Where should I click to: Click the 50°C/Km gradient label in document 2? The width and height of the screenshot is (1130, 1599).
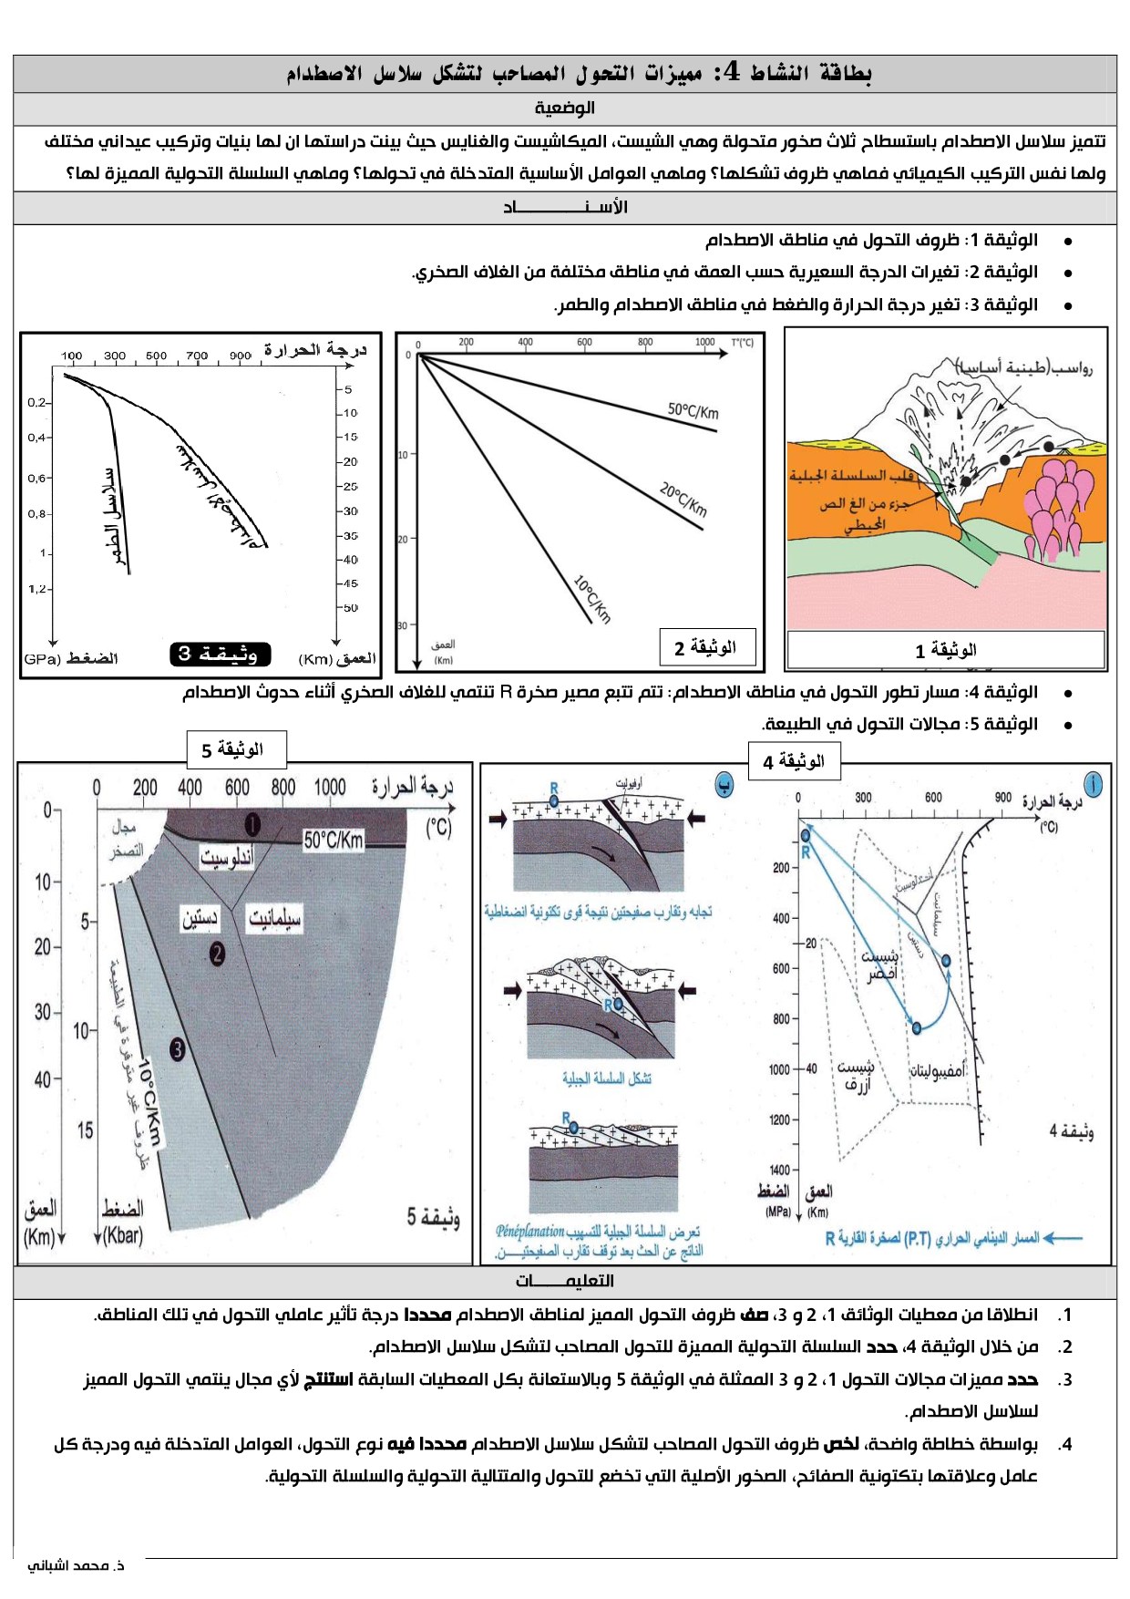693,410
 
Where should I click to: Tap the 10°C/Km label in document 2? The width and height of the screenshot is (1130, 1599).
592,599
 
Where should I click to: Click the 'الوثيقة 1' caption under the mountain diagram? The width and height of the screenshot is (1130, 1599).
946,650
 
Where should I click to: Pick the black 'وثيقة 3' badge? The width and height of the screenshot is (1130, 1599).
219,654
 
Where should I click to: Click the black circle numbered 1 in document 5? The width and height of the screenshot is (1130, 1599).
252,825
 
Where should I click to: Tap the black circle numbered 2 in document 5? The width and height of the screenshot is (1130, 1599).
217,954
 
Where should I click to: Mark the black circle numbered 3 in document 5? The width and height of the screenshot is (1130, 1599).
177,1049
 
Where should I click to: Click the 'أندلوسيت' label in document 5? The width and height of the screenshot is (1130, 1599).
227,858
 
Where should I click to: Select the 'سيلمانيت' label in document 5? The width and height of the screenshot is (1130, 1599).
275,919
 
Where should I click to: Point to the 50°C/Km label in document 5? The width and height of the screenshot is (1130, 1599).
334,841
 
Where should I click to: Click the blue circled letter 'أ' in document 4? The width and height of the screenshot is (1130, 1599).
1093,783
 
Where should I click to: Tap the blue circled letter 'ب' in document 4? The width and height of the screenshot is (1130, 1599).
724,786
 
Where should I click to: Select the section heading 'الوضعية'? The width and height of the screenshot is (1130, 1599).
565,108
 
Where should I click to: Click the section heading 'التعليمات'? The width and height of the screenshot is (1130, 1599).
565,1281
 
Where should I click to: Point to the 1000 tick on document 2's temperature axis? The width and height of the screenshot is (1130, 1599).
704,343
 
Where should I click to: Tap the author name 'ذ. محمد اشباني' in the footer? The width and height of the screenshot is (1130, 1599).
77,1565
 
